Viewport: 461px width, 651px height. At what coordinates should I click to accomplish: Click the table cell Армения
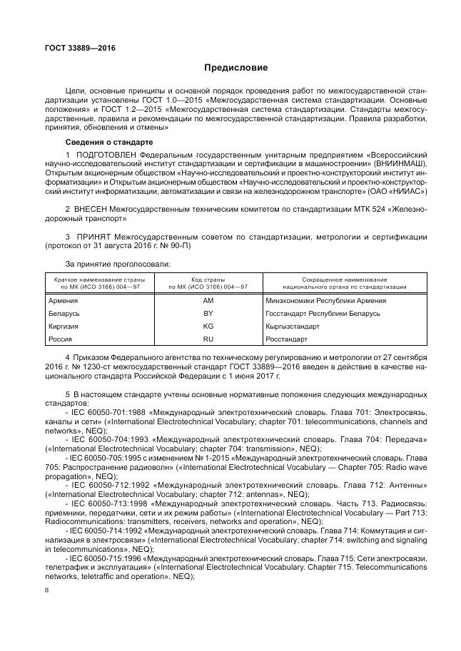[63, 301]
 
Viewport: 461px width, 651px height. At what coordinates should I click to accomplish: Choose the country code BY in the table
[208, 314]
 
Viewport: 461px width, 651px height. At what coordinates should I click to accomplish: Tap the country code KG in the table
[208, 327]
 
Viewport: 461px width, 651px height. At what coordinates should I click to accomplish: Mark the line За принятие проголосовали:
[108, 264]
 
